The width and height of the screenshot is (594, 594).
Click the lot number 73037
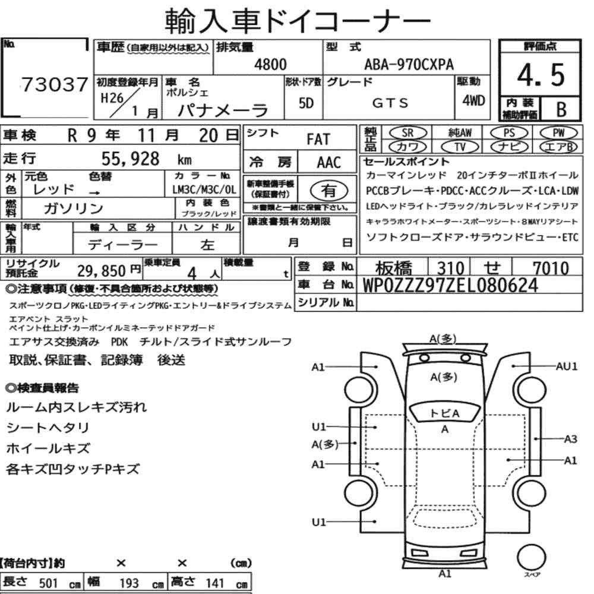(55, 84)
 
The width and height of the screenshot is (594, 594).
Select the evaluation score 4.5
(541, 75)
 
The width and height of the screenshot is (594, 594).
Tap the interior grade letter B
(561, 109)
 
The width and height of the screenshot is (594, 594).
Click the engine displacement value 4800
(270, 64)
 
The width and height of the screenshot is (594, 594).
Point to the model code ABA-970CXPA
(409, 65)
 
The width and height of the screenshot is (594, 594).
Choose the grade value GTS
(390, 103)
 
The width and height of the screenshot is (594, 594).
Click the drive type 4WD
(473, 100)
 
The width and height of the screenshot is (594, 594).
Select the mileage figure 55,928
(130, 159)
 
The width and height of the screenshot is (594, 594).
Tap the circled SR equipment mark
(407, 133)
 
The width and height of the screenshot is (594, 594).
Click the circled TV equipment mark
(460, 147)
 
